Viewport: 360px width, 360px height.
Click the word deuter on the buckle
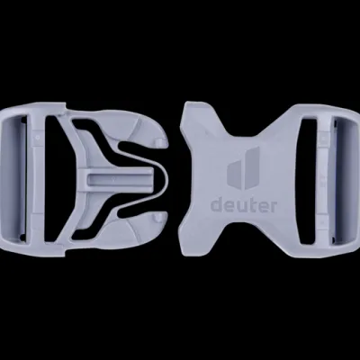(244, 206)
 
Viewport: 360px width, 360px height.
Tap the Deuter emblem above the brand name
(243, 168)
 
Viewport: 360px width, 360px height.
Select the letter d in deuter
(217, 206)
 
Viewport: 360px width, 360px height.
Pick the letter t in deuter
(256, 206)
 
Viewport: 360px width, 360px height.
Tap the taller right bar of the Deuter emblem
(253, 167)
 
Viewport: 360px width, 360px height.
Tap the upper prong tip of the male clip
(161, 142)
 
